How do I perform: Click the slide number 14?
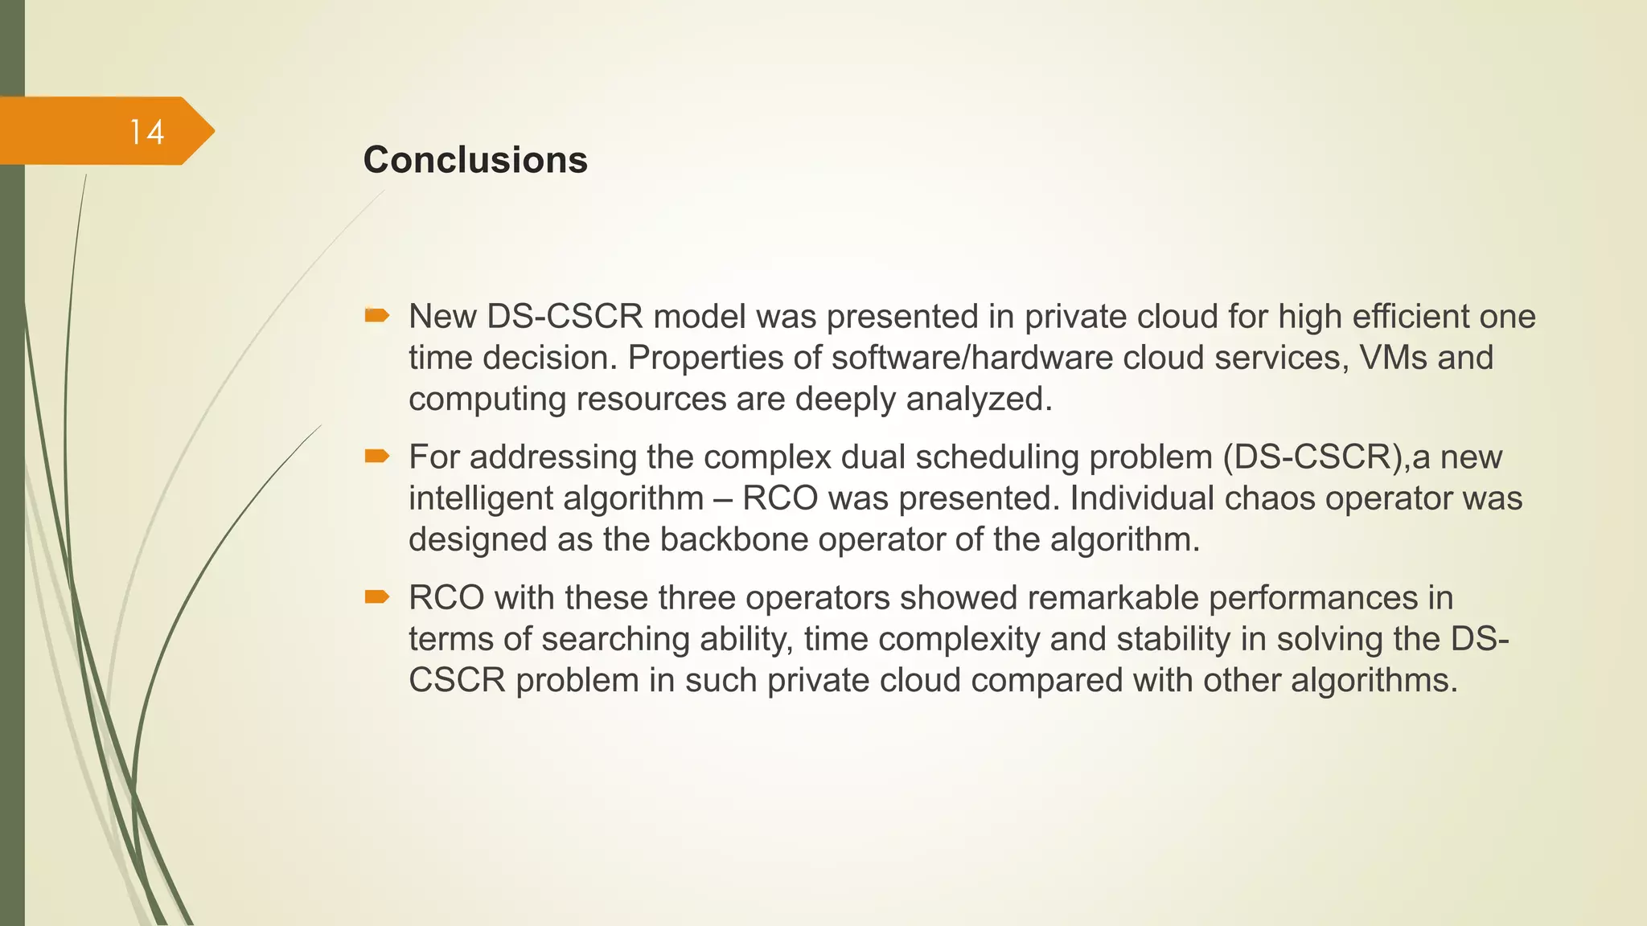point(147,133)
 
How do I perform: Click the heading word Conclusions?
point(475,160)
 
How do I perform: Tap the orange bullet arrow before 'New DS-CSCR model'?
point(376,315)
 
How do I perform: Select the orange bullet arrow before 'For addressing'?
point(376,457)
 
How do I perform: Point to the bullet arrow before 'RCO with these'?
point(376,596)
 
